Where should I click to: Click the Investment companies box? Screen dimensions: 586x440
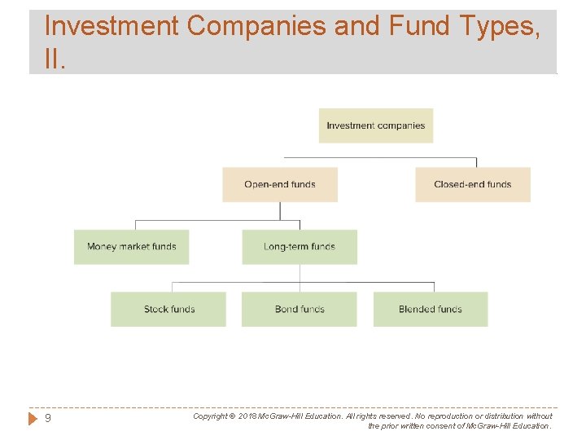pos(375,125)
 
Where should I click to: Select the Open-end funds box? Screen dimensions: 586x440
pos(279,184)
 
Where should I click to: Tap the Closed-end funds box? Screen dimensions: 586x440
pos(472,184)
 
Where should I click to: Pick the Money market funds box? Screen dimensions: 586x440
pos(131,246)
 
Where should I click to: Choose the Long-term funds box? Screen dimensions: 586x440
pos(299,246)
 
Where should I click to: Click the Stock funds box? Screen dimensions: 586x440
pos(168,309)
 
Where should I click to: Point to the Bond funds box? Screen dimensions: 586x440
pos(299,309)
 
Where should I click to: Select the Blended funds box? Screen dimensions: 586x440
pos(430,309)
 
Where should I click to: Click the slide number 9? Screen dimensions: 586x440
pos(48,419)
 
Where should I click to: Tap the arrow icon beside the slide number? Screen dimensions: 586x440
pos(33,419)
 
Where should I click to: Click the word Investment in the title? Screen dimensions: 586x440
pos(111,26)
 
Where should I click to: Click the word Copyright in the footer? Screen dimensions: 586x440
pos(210,416)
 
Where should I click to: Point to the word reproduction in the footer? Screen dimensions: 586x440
pos(435,416)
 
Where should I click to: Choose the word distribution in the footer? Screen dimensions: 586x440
pos(501,416)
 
